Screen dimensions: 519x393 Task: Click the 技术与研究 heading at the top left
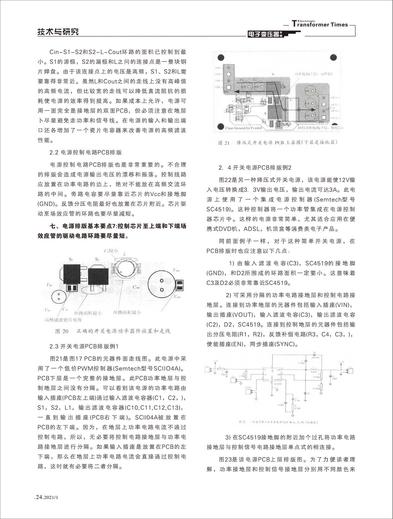click(x=58, y=32)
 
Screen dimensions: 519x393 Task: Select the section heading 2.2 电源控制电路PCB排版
click(x=86, y=152)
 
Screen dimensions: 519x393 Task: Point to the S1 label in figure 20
click(x=71, y=259)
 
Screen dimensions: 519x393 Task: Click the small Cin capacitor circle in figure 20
click(x=59, y=297)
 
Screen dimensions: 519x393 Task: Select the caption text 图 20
click(x=62, y=331)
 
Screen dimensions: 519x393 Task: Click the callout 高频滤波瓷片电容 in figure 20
click(x=63, y=320)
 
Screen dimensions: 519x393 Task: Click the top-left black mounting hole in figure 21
click(x=221, y=58)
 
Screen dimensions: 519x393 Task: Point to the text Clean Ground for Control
click(x=243, y=128)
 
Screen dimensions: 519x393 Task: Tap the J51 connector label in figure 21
click(x=226, y=92)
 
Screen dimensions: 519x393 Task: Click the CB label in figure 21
click(x=283, y=87)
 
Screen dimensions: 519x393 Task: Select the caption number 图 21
click(x=224, y=143)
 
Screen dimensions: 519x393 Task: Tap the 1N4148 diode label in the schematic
click(x=316, y=357)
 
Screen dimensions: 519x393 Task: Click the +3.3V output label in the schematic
click(x=341, y=362)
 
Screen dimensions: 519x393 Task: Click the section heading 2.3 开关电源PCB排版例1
click(x=84, y=346)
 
